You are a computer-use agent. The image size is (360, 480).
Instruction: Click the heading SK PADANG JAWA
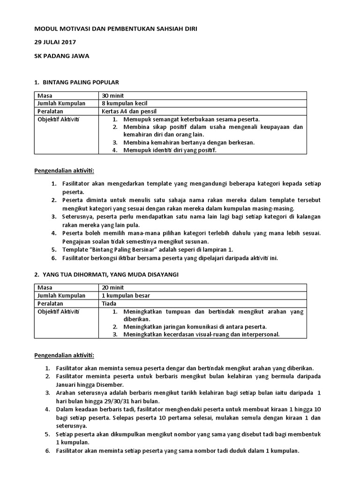tap(61, 56)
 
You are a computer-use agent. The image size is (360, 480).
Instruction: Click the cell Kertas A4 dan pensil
tap(129, 112)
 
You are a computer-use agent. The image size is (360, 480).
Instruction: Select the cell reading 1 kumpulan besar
tap(126, 295)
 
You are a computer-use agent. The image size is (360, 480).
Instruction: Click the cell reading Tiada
tap(109, 303)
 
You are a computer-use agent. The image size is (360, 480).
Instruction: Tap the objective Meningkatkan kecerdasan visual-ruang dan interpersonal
tap(202, 334)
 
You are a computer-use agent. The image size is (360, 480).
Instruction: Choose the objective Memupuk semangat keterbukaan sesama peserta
tap(192, 119)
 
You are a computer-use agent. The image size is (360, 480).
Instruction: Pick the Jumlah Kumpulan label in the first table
tap(61, 104)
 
